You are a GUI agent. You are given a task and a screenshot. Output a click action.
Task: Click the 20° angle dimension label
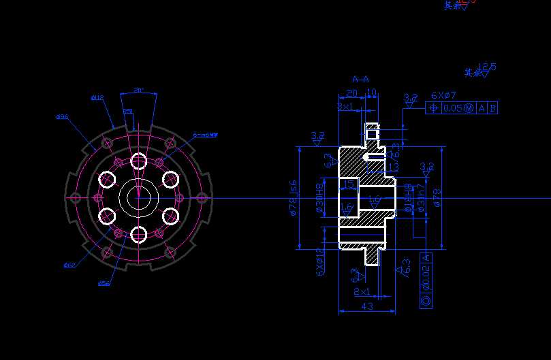point(138,90)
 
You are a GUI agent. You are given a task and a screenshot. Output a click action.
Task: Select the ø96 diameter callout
point(62,116)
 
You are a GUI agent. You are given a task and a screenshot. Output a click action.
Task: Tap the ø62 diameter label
point(69,264)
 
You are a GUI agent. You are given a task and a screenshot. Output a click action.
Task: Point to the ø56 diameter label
point(104,282)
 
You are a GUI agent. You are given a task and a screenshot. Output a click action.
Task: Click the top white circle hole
point(139,161)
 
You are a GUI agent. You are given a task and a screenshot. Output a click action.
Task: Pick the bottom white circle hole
point(139,235)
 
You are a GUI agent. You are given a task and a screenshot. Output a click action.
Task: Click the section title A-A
point(360,80)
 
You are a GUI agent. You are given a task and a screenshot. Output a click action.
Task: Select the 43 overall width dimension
point(366,307)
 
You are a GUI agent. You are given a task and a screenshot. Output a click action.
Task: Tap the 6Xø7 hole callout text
point(443,96)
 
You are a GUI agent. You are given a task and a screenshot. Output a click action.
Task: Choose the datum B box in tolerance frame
point(492,108)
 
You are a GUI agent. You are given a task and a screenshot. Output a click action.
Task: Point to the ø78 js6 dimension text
point(294,198)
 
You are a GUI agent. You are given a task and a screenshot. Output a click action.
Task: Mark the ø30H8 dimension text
point(319,198)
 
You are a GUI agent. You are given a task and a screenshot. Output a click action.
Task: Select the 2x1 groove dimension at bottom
point(362,291)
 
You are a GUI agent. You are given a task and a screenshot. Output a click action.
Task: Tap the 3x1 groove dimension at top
point(345,107)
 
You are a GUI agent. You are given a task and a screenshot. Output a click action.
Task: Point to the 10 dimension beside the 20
point(371,93)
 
